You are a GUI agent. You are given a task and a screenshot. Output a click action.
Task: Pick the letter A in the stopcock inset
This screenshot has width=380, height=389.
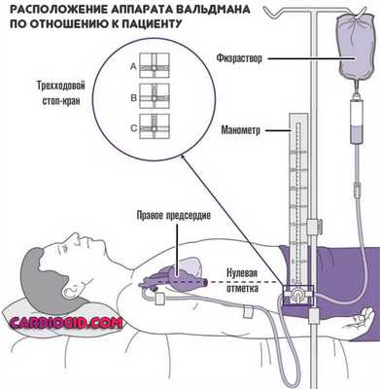[133, 66]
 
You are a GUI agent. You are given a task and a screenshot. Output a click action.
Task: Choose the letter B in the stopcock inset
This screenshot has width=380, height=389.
[133, 96]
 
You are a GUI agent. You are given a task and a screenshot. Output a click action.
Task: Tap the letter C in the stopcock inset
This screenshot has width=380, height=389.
[133, 126]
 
